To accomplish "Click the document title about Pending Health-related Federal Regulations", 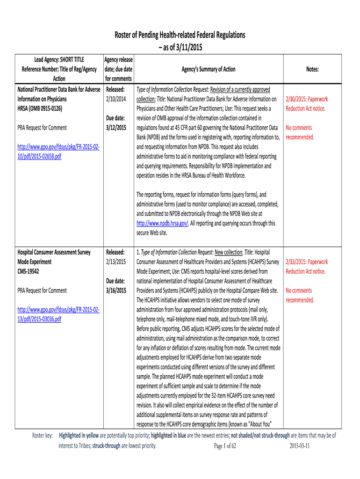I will coord(180,35).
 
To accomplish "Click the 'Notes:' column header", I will coord(312,69).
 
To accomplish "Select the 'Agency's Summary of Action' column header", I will coord(209,69).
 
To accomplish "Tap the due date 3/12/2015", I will coord(115,128).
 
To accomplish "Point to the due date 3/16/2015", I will coord(115,290).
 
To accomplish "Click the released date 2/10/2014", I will coord(116,99).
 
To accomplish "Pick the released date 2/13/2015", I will coord(116,262).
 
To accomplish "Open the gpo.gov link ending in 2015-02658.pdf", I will coord(58,152).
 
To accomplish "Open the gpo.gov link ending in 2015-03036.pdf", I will coord(58,314).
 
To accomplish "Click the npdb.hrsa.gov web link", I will coord(162,224).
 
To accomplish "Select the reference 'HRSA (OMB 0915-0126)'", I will coord(40,109).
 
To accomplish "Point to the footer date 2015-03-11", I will coord(300,446).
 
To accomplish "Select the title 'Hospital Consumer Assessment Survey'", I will coord(54,253).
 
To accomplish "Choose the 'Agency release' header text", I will coord(119,60).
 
